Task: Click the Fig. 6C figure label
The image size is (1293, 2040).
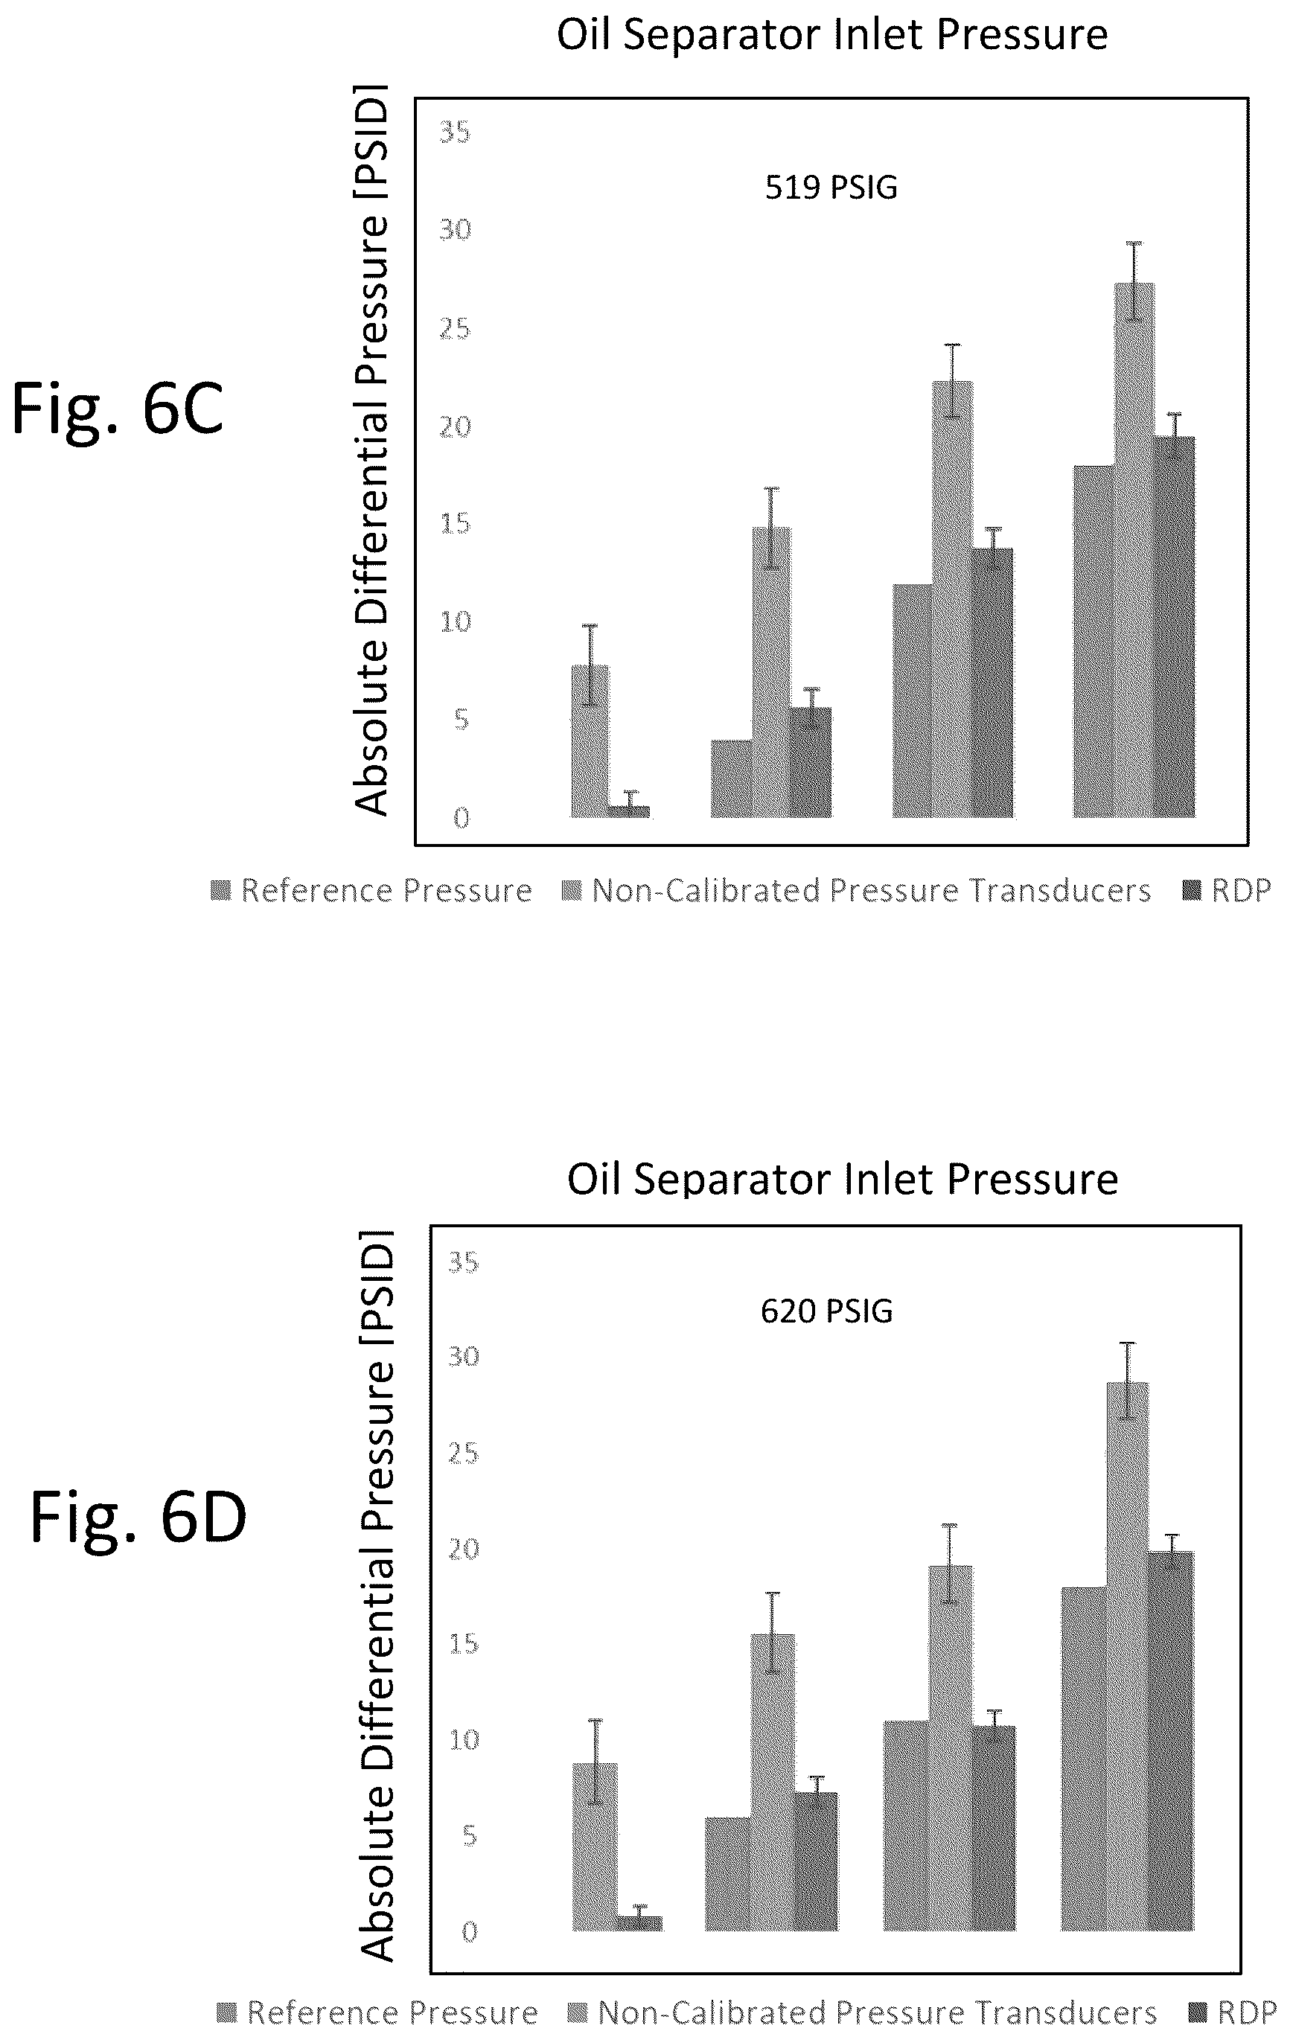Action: pos(117,409)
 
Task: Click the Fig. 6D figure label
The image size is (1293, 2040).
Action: pos(138,1517)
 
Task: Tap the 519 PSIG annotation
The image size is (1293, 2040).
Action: pos(831,188)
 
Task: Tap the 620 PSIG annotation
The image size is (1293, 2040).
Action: pos(826,1311)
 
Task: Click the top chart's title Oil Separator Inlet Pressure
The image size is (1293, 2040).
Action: pos(832,36)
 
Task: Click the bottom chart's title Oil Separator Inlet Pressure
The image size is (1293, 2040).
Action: pos(842,1178)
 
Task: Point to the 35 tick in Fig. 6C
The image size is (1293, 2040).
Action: pos(454,132)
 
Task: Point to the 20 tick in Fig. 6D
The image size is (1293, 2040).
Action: pos(464,1549)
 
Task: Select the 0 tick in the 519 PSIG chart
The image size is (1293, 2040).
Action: pos(461,819)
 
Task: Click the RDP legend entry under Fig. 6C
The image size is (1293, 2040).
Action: pos(1228,890)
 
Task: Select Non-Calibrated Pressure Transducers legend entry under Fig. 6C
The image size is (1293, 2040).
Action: pos(857,890)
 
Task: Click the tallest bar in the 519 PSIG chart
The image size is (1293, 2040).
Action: pos(1134,551)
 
